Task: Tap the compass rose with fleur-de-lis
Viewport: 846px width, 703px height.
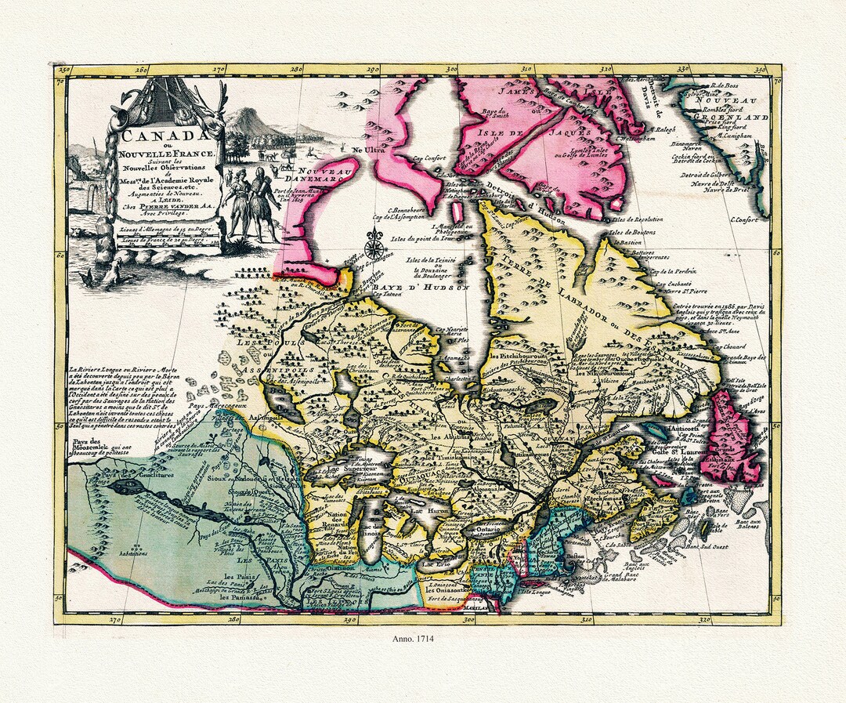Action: [x=375, y=248]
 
